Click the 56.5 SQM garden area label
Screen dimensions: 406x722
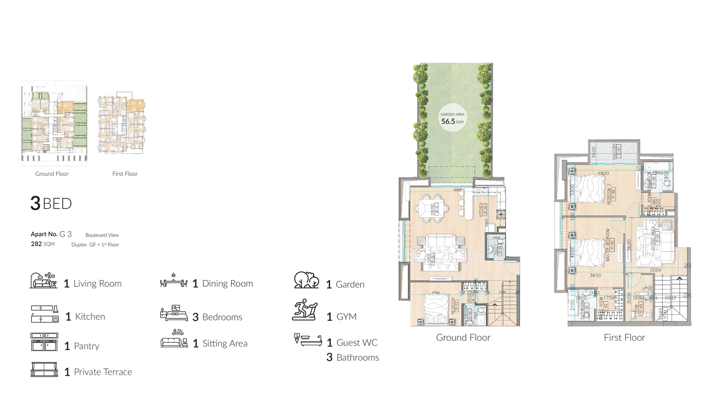pyautogui.click(x=452, y=119)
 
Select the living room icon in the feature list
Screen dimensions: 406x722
pyautogui.click(x=43, y=281)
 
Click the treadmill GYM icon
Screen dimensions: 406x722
pyautogui.click(x=305, y=310)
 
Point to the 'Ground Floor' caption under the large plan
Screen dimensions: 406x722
pyautogui.click(x=463, y=338)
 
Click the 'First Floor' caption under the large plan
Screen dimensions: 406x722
pyautogui.click(x=624, y=338)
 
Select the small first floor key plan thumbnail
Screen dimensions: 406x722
pyautogui.click(x=121, y=124)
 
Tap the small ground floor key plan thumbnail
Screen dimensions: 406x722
pyautogui.click(x=54, y=123)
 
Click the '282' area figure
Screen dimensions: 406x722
pyautogui.click(x=36, y=244)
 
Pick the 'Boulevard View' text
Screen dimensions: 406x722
pyautogui.click(x=102, y=235)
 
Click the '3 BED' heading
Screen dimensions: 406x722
pyautogui.click(x=51, y=203)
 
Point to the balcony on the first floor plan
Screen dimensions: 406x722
pyautogui.click(x=614, y=151)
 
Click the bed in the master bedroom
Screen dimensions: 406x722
pyautogui.click(x=589, y=251)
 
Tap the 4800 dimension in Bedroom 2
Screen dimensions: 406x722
pyautogui.click(x=603, y=174)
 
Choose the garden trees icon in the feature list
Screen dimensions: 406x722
pyautogui.click(x=306, y=280)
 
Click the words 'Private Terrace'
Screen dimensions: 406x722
pyautogui.click(x=103, y=372)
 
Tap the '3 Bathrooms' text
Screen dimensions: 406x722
pyautogui.click(x=353, y=358)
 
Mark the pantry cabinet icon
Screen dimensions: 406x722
pyautogui.click(x=44, y=342)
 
